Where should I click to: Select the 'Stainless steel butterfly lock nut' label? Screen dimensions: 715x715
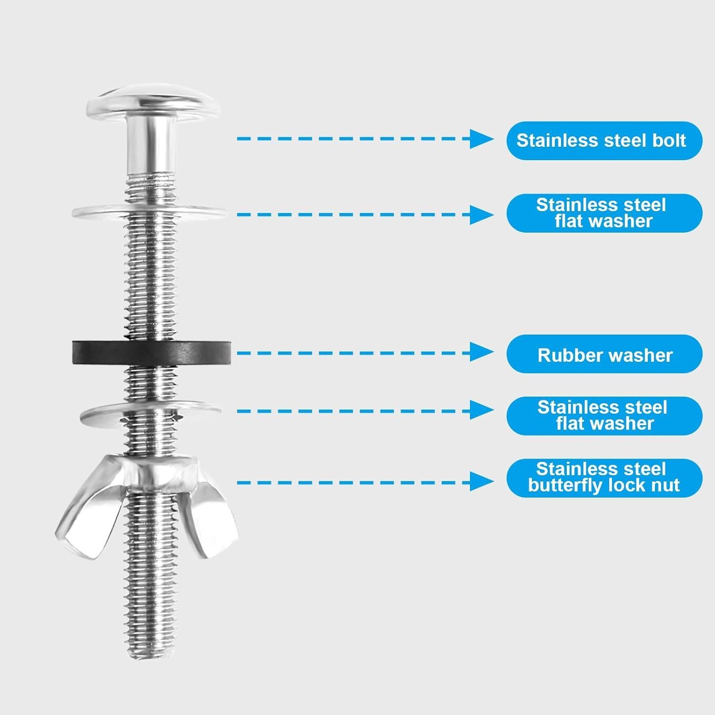coord(603,478)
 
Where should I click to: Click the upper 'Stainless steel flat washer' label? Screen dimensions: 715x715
coord(603,213)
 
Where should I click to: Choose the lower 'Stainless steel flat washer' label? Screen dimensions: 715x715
coord(603,416)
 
